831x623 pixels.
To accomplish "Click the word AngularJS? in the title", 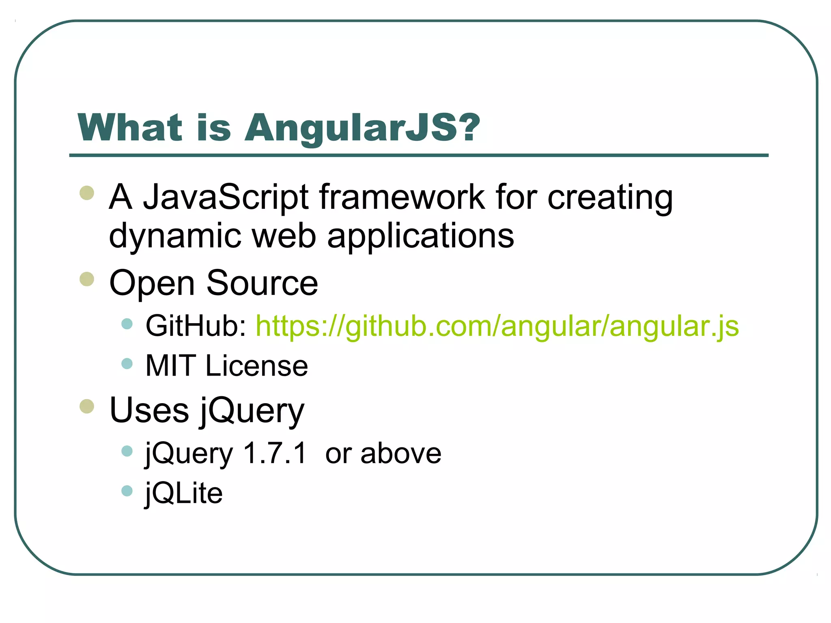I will click(x=362, y=128).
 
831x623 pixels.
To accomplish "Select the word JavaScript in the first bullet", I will click(x=226, y=198).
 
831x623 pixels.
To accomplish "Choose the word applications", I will click(x=421, y=236).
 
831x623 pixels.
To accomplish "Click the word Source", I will click(x=262, y=283).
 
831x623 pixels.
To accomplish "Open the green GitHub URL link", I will click(x=497, y=326).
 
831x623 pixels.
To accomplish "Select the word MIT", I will click(x=170, y=366).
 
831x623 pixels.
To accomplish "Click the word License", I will click(x=257, y=366).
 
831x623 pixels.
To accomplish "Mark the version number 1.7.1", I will click(x=275, y=453).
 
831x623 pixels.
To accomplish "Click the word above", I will click(x=401, y=453).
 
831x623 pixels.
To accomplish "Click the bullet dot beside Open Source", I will click(x=87, y=279).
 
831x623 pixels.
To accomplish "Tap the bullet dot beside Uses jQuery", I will click(x=87, y=406).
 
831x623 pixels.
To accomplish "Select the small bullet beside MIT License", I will click(x=127, y=363).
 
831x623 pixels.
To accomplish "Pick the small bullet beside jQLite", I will click(x=127, y=491).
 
